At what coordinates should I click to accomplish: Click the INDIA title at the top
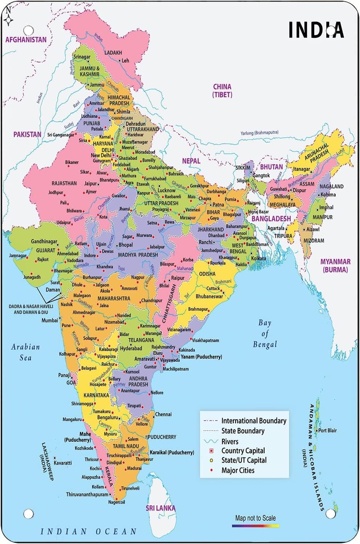316,30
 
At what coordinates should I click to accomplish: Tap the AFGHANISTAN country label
26,40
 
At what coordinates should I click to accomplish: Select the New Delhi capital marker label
101,155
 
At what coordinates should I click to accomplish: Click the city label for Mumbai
49,320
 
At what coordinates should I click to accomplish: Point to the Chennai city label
163,414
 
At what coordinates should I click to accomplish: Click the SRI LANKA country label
160,508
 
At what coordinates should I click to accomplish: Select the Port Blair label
327,430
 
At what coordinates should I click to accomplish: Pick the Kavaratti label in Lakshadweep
63,463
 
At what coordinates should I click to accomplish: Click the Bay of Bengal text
265,333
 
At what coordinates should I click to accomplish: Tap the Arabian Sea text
25,352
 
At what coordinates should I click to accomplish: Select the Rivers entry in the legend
230,442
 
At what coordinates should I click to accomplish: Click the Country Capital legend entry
243,451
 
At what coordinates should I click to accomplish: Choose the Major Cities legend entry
238,470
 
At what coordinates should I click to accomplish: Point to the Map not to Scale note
255,518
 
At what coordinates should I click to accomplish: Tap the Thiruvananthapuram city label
87,494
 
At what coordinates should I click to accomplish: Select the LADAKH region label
113,53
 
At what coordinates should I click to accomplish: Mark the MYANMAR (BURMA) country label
335,265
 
